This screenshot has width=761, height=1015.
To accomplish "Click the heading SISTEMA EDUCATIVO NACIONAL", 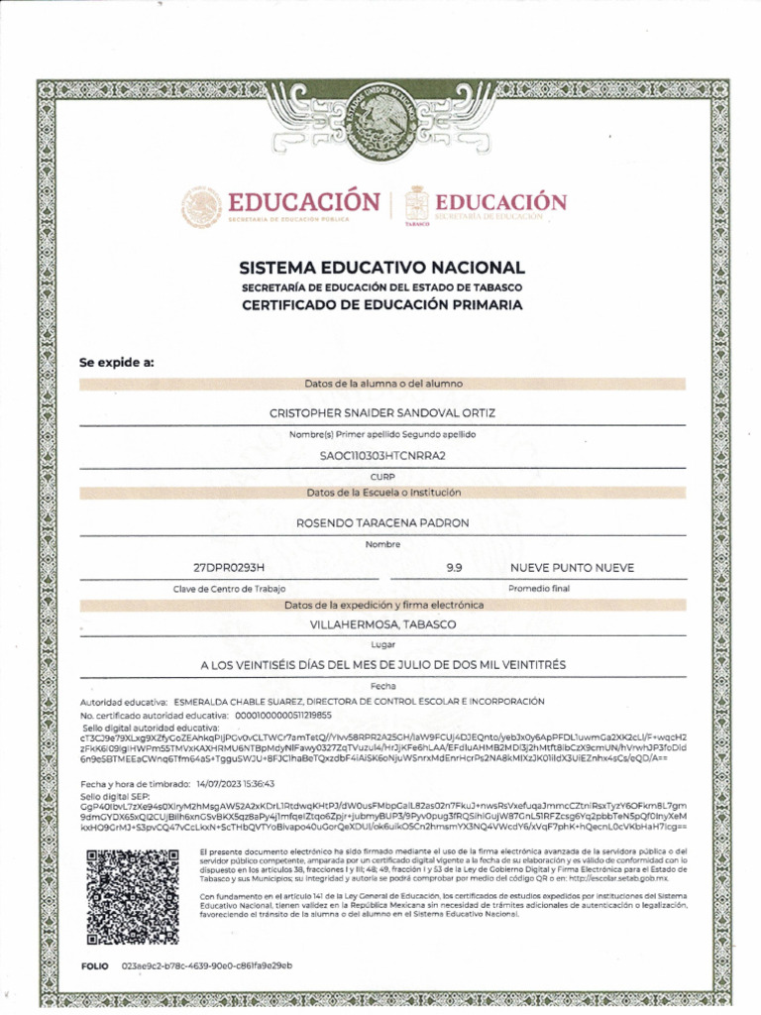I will pyautogui.click(x=381, y=268).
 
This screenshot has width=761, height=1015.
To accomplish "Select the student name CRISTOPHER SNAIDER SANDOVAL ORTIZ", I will pyautogui.click(x=381, y=411).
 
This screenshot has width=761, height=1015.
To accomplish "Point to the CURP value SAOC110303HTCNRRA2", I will pyautogui.click(x=381, y=455).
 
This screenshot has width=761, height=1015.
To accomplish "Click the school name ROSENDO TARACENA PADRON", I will pyautogui.click(x=381, y=522).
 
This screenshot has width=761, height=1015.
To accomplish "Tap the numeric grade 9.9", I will pyautogui.click(x=456, y=567).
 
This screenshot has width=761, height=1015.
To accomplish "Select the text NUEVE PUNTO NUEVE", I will pyautogui.click(x=572, y=567).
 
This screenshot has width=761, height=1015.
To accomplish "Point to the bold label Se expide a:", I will pyautogui.click(x=117, y=362).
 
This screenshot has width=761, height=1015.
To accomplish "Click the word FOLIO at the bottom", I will pyautogui.click(x=95, y=965).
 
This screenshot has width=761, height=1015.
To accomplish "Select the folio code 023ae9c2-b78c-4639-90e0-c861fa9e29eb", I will pyautogui.click(x=206, y=965).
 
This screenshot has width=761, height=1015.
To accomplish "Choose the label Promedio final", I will pyautogui.click(x=539, y=589).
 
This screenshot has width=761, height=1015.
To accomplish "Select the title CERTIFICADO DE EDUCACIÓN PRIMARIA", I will pyautogui.click(x=381, y=305).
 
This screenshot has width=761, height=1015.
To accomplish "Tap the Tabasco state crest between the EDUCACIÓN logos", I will pyautogui.click(x=418, y=205).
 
